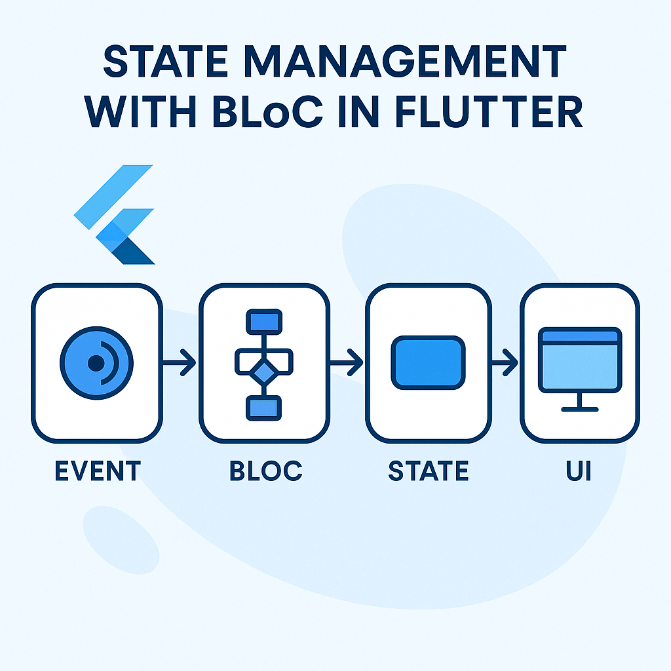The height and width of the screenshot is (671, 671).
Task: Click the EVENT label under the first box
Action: pos(98,471)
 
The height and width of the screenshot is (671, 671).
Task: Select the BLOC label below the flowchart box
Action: pos(265,471)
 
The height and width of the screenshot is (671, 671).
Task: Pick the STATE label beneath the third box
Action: pos(429,471)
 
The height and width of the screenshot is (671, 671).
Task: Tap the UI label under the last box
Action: pos(579,471)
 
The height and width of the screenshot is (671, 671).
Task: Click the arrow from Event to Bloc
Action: pos(178,361)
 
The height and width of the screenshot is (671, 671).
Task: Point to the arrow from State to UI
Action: pos(505,361)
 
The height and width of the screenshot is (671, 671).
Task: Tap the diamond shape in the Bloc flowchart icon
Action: pos(263,374)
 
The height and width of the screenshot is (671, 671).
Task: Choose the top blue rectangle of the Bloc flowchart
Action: pos(263,322)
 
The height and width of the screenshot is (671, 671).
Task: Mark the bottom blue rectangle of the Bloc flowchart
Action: pos(263,408)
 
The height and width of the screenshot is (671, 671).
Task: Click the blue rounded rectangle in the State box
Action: pos(428,362)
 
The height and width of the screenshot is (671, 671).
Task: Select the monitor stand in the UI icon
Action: pos(580,402)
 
